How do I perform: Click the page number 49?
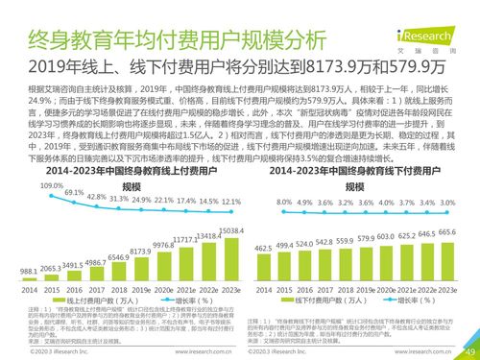pyautogui.click(x=467, y=351)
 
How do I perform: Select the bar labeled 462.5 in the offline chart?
pyautogui.click(x=260, y=265)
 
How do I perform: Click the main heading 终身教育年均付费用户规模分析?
pyautogui.click(x=163, y=39)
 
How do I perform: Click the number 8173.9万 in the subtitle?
pyautogui.click(x=312, y=67)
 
